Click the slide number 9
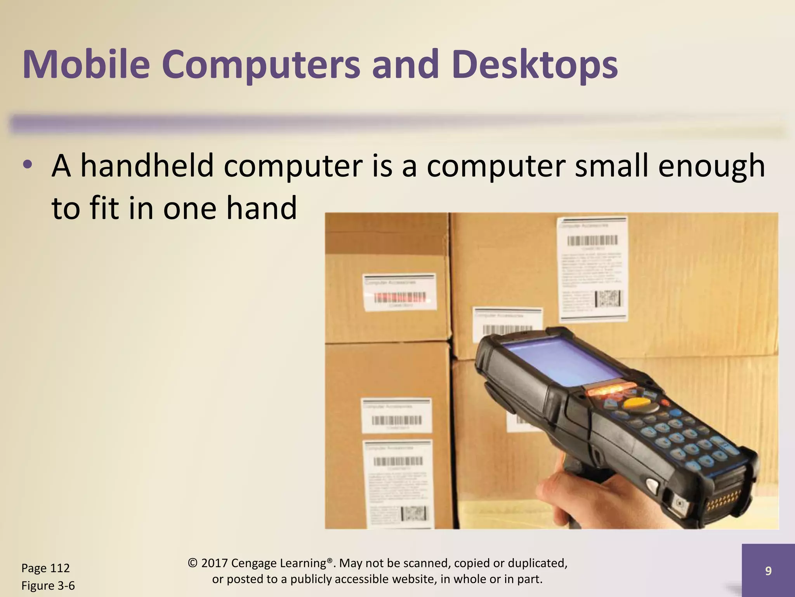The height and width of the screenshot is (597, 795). (x=768, y=571)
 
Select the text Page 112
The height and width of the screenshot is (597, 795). (x=45, y=568)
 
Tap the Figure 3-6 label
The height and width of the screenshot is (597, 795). (x=48, y=586)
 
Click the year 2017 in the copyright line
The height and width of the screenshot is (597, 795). (x=214, y=563)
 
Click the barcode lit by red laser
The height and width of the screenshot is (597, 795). (x=399, y=298)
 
